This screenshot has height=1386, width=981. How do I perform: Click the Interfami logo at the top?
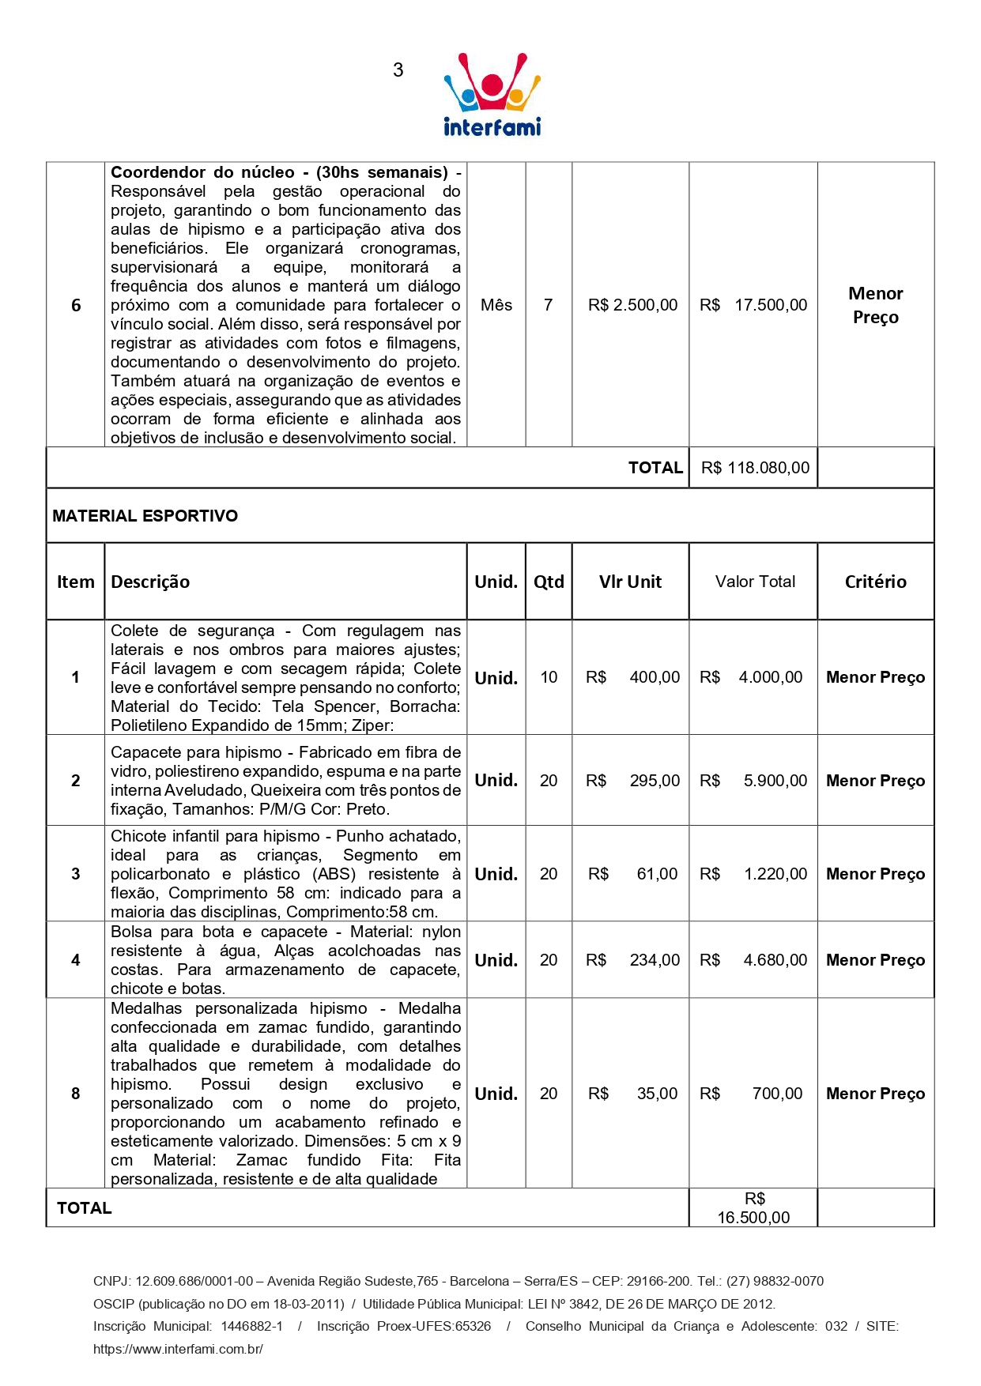(492, 95)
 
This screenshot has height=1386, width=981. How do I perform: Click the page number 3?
(398, 70)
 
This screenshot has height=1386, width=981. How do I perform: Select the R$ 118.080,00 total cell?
(754, 468)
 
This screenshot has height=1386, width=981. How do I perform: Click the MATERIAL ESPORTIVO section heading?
(145, 516)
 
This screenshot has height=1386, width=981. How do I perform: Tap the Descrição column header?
(150, 582)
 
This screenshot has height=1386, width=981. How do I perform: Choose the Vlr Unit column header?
(630, 582)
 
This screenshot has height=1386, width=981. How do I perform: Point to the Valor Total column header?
(755, 582)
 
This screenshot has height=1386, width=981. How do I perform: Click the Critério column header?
(875, 582)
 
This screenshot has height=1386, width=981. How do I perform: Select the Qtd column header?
(549, 582)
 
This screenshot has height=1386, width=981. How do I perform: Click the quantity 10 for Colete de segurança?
(549, 677)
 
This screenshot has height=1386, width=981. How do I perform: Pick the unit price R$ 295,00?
(632, 781)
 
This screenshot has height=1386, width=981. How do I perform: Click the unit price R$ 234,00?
(632, 960)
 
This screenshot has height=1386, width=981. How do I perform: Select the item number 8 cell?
(76, 1094)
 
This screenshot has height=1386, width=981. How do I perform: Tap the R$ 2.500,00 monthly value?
(632, 305)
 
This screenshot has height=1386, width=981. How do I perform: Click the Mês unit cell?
(496, 305)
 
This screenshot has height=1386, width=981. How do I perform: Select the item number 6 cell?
(76, 305)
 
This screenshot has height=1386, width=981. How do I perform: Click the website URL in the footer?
(178, 1349)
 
